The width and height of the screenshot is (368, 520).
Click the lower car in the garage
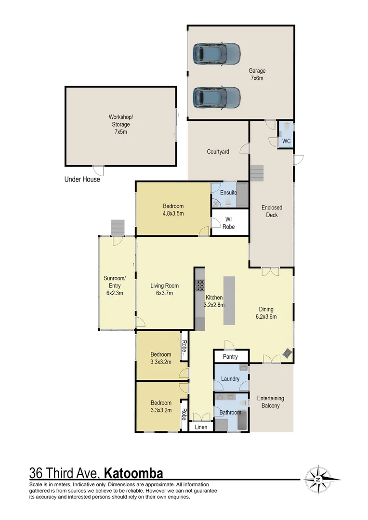point(217,97)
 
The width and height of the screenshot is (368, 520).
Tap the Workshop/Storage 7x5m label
point(120,124)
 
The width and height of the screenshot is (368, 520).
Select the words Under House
point(82,180)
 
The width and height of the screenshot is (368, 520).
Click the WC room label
point(286,142)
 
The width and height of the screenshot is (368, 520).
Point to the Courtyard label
point(218,152)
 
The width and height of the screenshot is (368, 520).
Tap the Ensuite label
point(228,193)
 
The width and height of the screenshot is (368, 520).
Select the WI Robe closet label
point(229,223)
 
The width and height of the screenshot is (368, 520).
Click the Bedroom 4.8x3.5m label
point(173,209)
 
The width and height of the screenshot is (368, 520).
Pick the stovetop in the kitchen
point(200,286)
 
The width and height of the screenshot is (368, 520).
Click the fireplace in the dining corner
point(287,354)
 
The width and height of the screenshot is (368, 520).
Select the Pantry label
point(231,357)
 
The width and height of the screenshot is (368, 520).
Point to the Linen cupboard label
point(201,427)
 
